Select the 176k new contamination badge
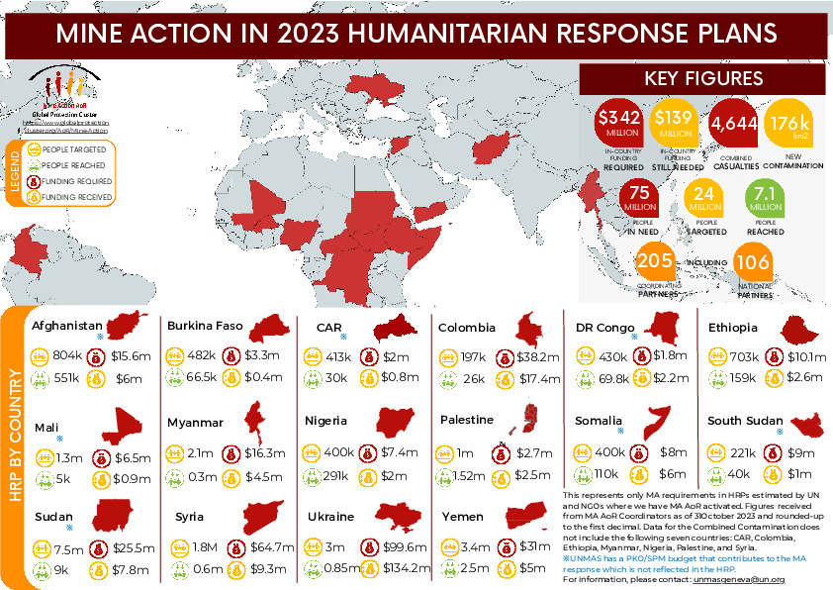(x=791, y=124)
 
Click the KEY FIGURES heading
(x=702, y=78)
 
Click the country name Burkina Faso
(x=205, y=326)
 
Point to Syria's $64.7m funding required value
(x=274, y=545)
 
